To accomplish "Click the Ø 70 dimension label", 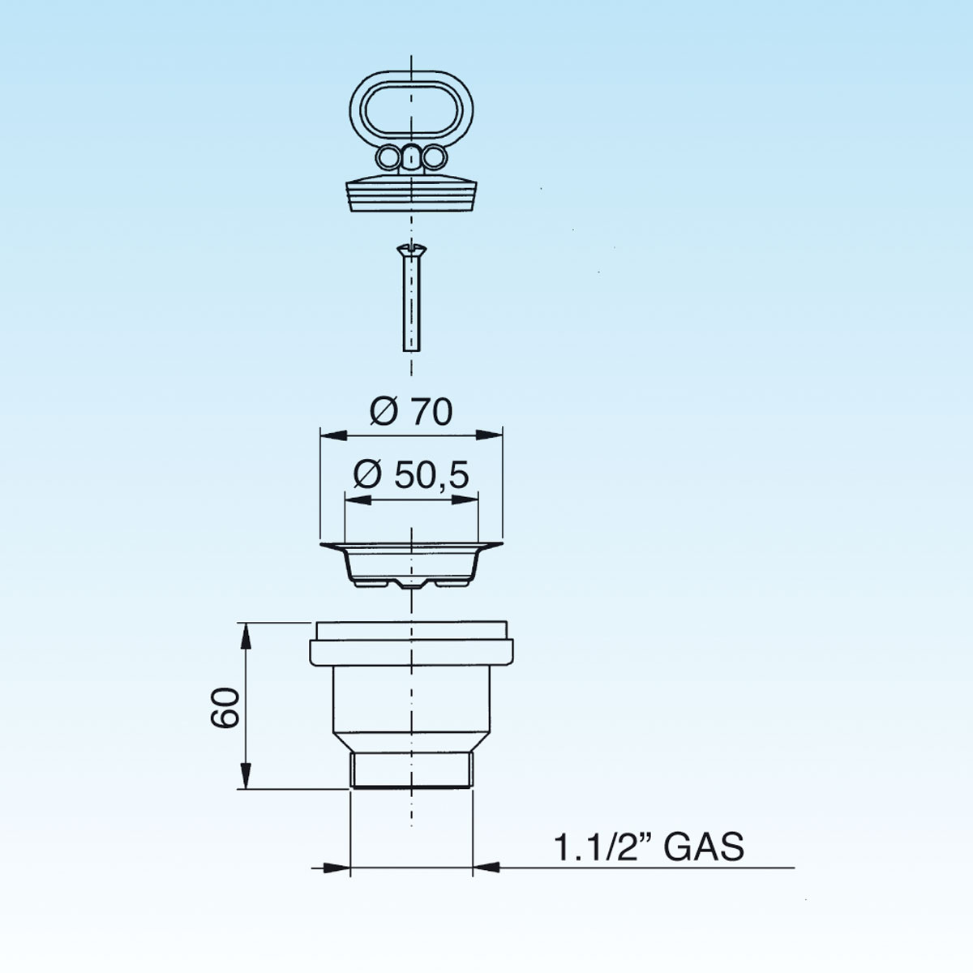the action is point(411,412).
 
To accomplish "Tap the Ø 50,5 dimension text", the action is point(411,475).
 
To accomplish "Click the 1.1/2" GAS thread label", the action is point(649,847).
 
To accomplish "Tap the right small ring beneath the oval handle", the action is point(434,158).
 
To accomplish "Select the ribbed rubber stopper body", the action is point(411,195).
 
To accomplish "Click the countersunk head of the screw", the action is point(412,250).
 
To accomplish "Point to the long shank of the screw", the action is point(412,303).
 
